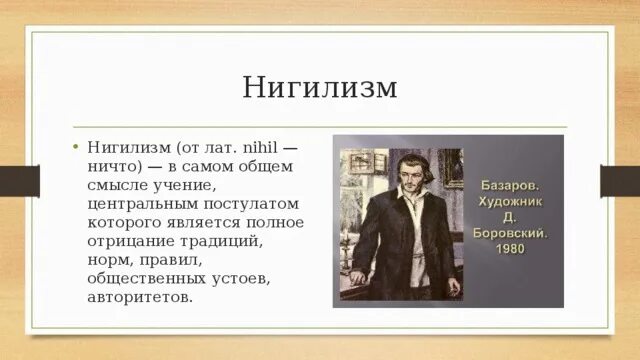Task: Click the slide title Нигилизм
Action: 320,87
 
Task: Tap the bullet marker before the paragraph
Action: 74,145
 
